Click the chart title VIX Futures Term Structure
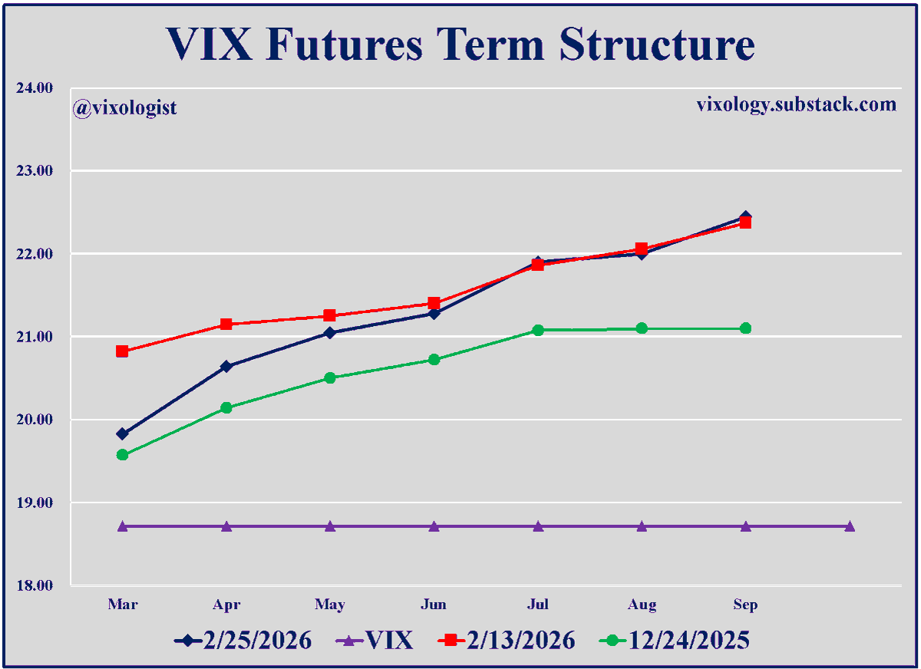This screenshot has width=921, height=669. [x=460, y=44]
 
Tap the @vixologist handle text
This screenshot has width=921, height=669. [x=125, y=107]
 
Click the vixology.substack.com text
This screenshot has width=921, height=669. [x=796, y=104]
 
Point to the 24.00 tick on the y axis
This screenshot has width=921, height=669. [x=35, y=87]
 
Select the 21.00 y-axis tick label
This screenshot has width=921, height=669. [x=35, y=337]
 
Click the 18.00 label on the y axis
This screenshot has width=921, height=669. [x=35, y=586]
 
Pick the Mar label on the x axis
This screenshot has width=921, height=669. [x=123, y=605]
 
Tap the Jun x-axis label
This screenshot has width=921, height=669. [x=434, y=605]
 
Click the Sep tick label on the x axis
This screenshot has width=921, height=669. [x=745, y=605]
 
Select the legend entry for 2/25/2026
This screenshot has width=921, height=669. [x=244, y=641]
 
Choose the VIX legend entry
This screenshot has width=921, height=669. [x=375, y=641]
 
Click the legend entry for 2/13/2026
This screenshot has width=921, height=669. [x=506, y=641]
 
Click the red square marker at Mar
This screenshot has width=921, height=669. [x=123, y=351]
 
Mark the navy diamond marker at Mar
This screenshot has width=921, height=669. [x=123, y=433]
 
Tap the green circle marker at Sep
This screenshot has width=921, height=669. [x=745, y=328]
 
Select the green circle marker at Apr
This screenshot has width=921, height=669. [x=226, y=407]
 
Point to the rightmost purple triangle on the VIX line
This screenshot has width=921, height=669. [x=850, y=526]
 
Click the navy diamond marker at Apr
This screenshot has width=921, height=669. [x=226, y=367]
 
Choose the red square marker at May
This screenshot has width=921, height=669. [x=330, y=315]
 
